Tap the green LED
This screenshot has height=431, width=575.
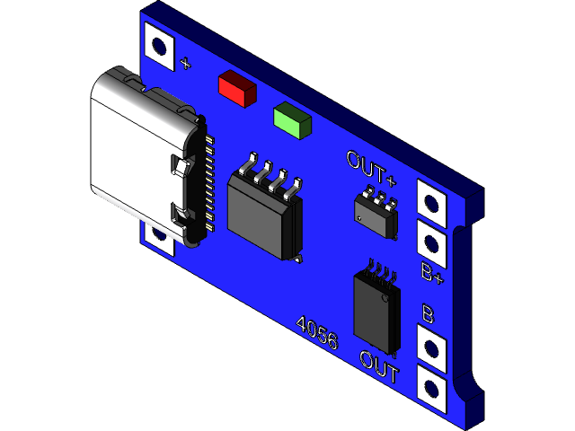tap(292, 120)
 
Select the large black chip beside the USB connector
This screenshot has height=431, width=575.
tap(264, 214)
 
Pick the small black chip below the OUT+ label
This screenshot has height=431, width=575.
tap(376, 215)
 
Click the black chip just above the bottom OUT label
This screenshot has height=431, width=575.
tap(377, 311)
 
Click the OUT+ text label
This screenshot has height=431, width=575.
tap(371, 163)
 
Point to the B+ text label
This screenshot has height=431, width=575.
tap(432, 273)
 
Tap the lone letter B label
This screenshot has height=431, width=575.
tap(429, 314)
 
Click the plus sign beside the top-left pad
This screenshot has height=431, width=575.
tap(185, 63)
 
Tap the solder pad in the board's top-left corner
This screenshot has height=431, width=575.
tap(160, 46)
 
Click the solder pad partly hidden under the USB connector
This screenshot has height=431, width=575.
tap(160, 235)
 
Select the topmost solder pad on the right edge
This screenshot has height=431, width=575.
tap(432, 204)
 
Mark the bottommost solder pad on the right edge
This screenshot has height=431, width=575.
tap(432, 388)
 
